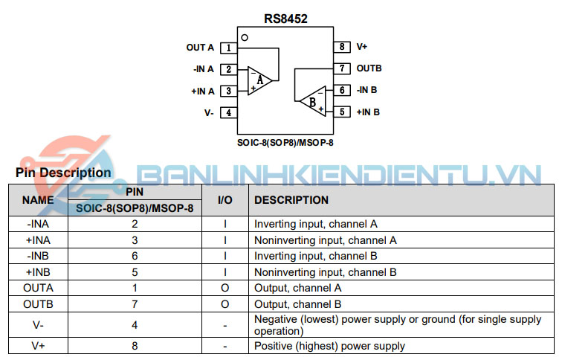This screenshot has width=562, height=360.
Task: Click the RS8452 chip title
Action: click(285, 19)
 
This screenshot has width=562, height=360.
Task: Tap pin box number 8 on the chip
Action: click(341, 47)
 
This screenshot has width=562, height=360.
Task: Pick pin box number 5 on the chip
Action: click(341, 112)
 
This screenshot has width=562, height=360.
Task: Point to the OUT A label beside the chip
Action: click(200, 48)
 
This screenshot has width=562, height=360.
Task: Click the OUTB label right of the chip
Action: click(369, 68)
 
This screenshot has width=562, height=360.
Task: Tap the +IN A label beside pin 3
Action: click(203, 91)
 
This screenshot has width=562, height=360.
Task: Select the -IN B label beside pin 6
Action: click(366, 90)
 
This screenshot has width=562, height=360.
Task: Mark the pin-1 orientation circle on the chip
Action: click(245, 37)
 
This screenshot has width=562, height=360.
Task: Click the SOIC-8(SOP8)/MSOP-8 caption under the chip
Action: click(285, 141)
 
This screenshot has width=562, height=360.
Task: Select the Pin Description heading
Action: click(63, 173)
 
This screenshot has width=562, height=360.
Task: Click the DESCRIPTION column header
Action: click(291, 200)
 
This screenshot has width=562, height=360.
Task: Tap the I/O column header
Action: click(225, 200)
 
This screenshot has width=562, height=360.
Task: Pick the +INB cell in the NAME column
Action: click(38, 272)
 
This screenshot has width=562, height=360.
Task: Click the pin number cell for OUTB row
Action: click(135, 304)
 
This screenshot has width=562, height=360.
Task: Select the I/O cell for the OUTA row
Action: click(225, 288)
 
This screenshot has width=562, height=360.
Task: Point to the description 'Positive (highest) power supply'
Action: click(330, 346)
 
